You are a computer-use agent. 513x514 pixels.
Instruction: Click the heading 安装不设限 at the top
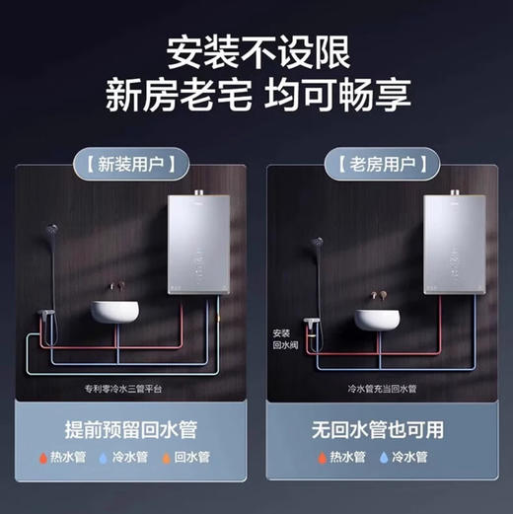(x=257, y=49)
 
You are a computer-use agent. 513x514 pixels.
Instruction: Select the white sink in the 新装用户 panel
(x=116, y=309)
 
